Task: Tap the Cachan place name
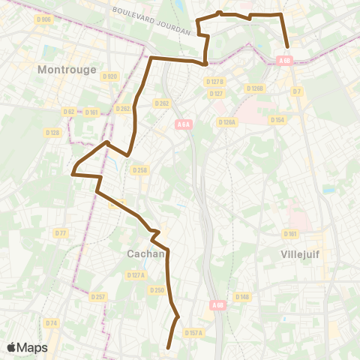pyautogui.click(x=145, y=254)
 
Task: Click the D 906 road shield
pyautogui.click(x=45, y=19)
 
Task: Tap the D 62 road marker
pyautogui.click(x=68, y=112)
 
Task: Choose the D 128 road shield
pyautogui.click(x=52, y=133)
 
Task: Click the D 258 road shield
pyautogui.click(x=139, y=170)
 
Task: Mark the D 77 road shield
pyautogui.click(x=61, y=233)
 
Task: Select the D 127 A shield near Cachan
pyautogui.click(x=136, y=275)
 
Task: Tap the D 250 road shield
pyautogui.click(x=157, y=289)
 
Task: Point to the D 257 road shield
pyautogui.click(x=98, y=297)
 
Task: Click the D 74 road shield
pyautogui.click(x=51, y=322)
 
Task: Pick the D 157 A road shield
pyautogui.click(x=193, y=332)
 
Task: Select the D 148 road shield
pyautogui.click(x=242, y=297)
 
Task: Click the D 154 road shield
pyautogui.click(x=277, y=120)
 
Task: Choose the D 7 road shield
pyautogui.click(x=297, y=91)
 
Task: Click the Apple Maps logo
pyautogui.click(x=27, y=347)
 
